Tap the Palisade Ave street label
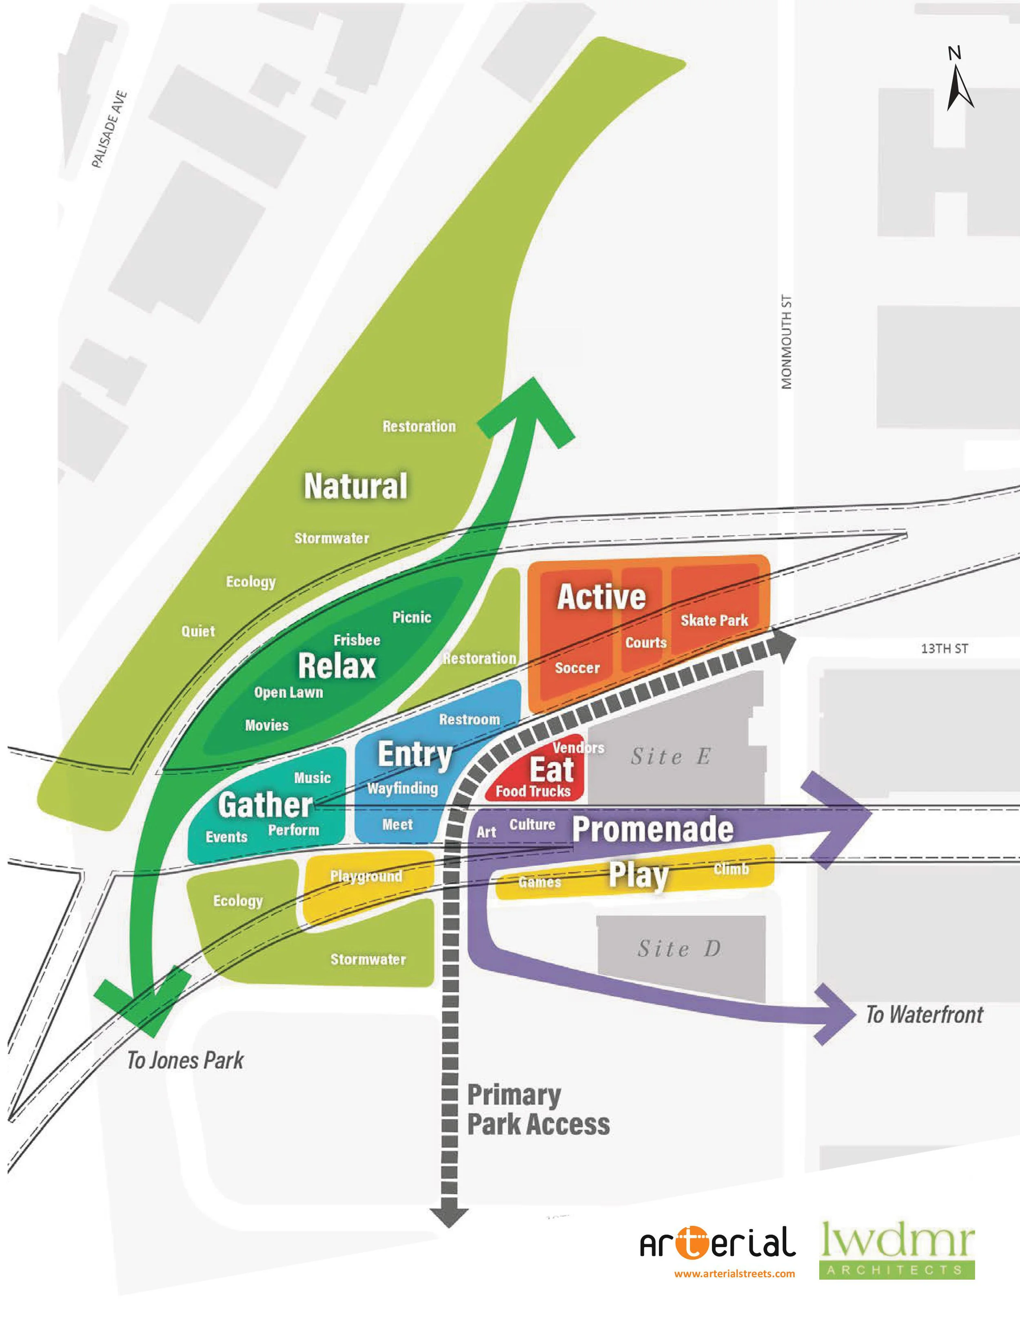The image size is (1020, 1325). [x=109, y=129]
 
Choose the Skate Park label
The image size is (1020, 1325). [x=714, y=620]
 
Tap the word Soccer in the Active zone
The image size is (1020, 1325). [x=577, y=668]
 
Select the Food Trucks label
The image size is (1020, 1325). [x=533, y=791]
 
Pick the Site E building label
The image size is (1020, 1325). [x=670, y=757]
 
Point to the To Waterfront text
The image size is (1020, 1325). [x=924, y=1015]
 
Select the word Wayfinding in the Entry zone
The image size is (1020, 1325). [x=402, y=789]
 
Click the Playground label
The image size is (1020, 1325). [x=366, y=876]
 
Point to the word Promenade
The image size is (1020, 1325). [x=653, y=829]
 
